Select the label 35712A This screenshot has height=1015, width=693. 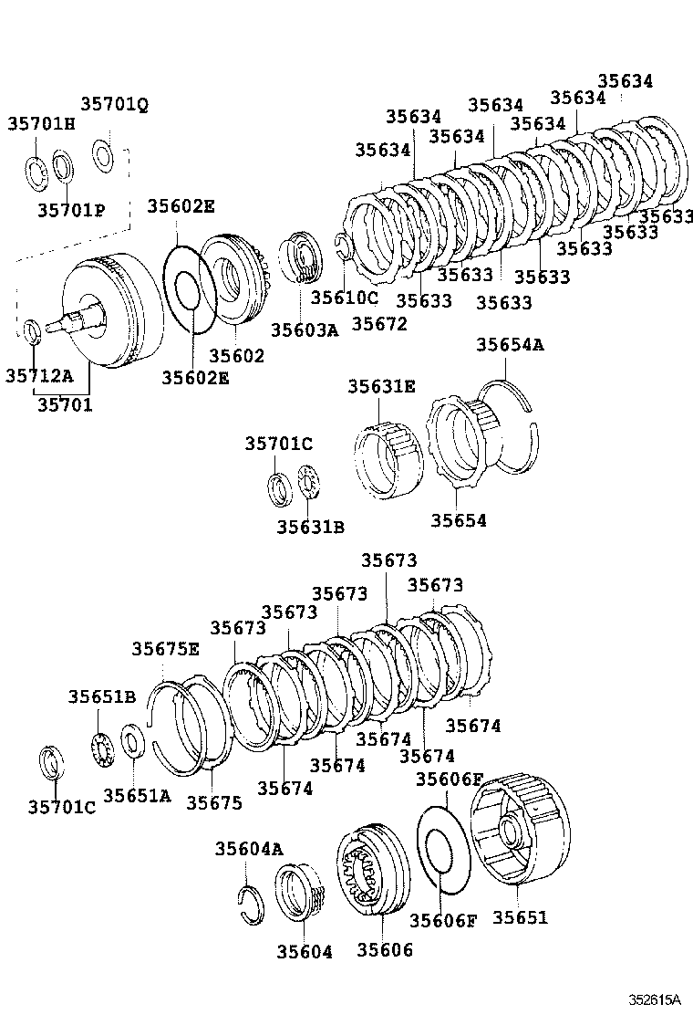[x=40, y=375]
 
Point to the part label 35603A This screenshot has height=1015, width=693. [x=305, y=330]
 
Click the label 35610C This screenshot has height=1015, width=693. [x=344, y=297]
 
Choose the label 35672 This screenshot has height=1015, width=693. [x=379, y=323]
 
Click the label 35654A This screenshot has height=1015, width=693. [x=510, y=344]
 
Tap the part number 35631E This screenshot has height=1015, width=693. [x=381, y=386]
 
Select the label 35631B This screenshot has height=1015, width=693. [x=311, y=526]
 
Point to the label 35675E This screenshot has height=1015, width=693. [x=165, y=648]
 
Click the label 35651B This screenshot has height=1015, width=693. [x=101, y=697]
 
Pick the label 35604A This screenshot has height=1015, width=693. [x=249, y=849]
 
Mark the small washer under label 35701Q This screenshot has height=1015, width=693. [x=103, y=154]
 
